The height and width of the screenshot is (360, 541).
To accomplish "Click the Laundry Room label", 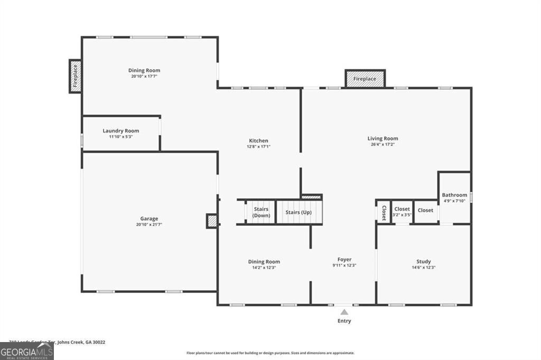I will [x=121, y=131].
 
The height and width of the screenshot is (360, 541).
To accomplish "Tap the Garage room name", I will [x=149, y=219].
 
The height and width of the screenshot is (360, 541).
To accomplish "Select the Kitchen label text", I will [x=259, y=141].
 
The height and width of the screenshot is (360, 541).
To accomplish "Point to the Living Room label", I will [x=383, y=139].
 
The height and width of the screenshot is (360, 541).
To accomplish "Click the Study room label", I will [x=423, y=261].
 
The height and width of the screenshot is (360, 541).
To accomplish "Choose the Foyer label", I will [x=344, y=259].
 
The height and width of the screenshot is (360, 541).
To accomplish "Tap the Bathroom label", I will [x=454, y=195].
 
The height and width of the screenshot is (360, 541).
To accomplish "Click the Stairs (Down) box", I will [x=261, y=212].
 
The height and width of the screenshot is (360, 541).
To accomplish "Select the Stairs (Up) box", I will [x=299, y=212].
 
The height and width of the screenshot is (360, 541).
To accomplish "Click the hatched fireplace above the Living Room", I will [x=365, y=79].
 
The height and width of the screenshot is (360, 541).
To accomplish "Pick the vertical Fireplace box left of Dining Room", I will [x=75, y=76].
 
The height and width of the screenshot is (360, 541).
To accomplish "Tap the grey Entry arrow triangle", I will [x=344, y=312].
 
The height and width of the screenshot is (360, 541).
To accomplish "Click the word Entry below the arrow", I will [x=344, y=321].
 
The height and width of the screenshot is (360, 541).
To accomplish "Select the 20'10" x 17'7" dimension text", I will [x=144, y=77].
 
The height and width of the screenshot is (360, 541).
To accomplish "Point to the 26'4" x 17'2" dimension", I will [x=383, y=145].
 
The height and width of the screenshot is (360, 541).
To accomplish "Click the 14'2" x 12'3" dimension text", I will [x=264, y=268].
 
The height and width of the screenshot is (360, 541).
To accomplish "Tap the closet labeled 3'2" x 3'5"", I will [x=402, y=212].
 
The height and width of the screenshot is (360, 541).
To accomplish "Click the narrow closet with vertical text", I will [x=384, y=212].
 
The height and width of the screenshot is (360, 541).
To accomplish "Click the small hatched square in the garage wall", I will [x=212, y=221].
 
